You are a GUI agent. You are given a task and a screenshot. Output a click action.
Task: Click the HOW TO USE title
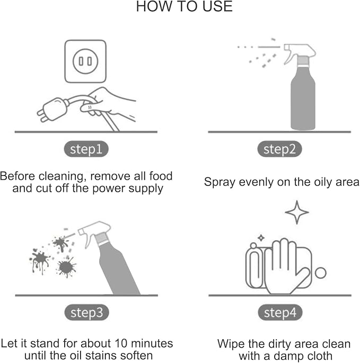point(184,6)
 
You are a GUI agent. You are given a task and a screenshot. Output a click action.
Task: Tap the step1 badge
point(86,149)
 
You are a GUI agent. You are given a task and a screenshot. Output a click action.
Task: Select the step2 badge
point(279,149)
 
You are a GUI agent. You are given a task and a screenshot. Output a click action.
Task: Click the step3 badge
point(86,312)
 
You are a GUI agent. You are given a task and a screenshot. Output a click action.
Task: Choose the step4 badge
point(280,312)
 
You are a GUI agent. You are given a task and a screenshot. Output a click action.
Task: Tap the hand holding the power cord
point(109,104)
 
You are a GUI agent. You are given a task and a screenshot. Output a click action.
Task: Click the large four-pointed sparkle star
point(297,213)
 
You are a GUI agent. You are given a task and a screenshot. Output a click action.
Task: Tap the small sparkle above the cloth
point(261,238)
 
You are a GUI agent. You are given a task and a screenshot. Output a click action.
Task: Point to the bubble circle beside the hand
point(321,273)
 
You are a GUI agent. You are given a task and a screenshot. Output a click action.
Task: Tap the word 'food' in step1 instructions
point(161,176)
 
